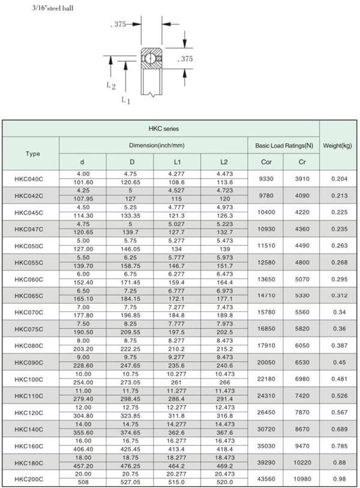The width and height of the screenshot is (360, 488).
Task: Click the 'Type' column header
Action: [x=33, y=153]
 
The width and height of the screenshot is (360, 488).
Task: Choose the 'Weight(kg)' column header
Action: [x=337, y=145]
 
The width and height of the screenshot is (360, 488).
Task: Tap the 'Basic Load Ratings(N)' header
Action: [x=284, y=145]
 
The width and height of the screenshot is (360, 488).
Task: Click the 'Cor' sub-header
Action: [x=266, y=162]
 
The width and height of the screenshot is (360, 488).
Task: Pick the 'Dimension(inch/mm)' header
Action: [x=154, y=145]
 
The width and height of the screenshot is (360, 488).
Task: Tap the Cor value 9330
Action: [x=266, y=178]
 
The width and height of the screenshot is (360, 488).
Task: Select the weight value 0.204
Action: [x=337, y=178]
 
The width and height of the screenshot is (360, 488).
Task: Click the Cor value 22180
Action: [x=266, y=379]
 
